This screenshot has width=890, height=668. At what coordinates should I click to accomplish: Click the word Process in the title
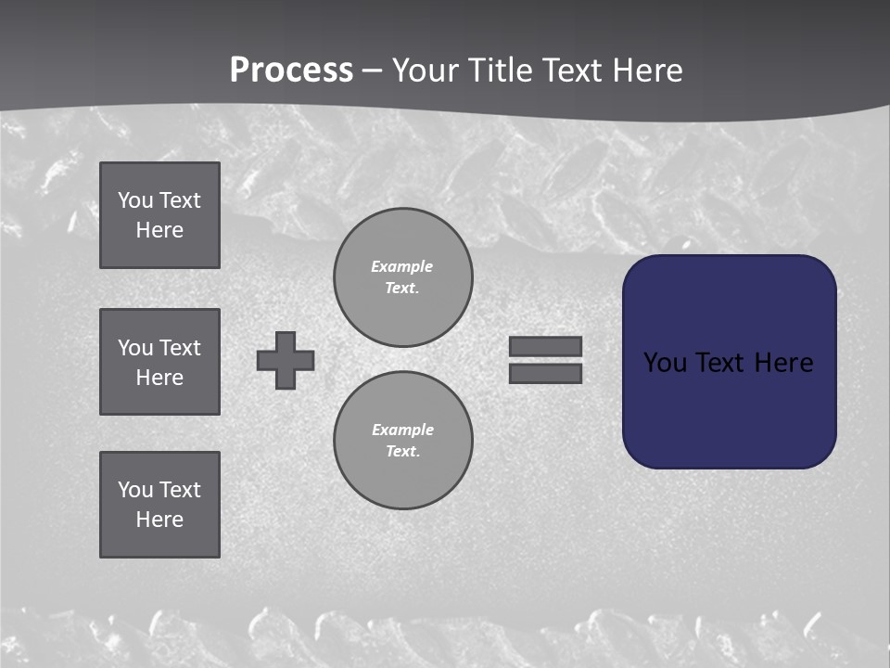291,71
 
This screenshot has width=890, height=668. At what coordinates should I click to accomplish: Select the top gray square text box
159,215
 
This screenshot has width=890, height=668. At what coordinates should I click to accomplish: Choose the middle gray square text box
159,362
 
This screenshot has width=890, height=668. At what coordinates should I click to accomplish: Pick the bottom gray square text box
159,505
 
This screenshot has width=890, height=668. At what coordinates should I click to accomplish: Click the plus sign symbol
286,360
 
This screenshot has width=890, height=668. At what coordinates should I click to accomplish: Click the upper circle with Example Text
403,277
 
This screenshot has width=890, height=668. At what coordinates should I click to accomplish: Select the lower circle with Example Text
403,441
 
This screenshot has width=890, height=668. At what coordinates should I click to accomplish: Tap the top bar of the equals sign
546,347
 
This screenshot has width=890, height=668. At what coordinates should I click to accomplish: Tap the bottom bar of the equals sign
546,373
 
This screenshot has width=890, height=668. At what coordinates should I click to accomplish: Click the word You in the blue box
665,363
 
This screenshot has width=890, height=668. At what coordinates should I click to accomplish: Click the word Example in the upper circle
402,266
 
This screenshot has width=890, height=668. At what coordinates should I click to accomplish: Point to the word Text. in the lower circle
403,452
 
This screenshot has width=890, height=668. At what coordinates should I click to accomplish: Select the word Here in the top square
159,230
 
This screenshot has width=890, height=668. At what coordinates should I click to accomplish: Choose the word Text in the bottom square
180,490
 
